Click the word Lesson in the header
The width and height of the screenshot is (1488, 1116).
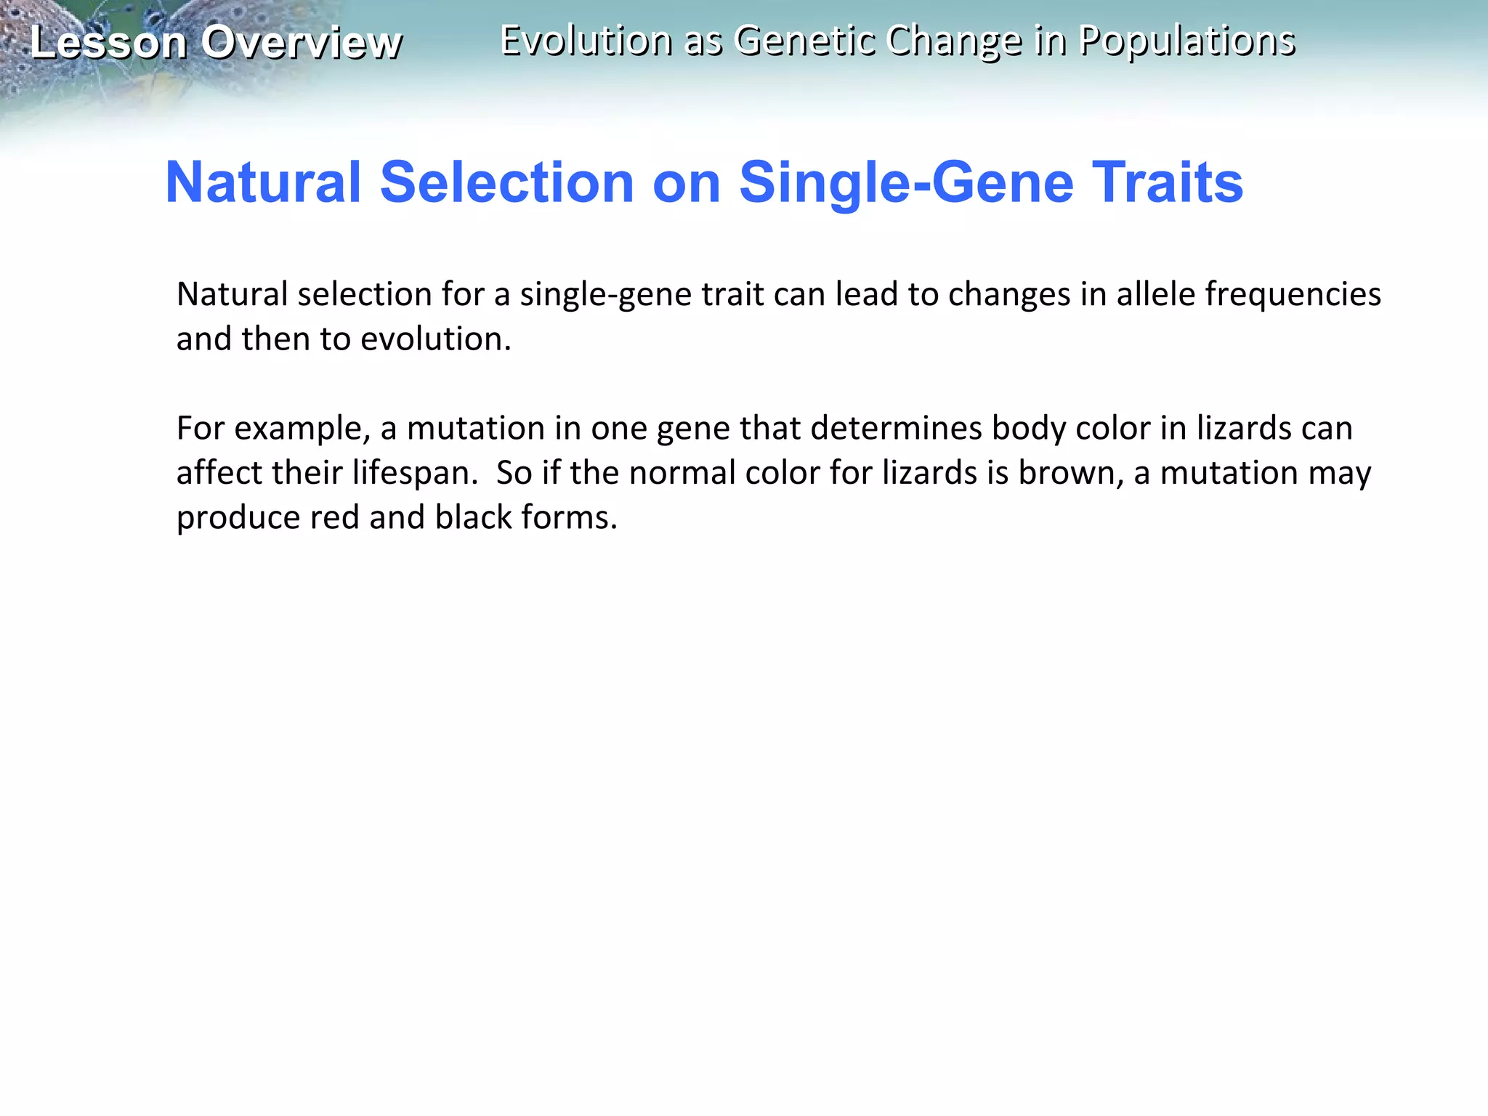pyautogui.click(x=109, y=42)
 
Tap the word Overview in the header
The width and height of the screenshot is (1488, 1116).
pyautogui.click(x=302, y=42)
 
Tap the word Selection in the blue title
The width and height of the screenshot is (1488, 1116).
pyautogui.click(x=507, y=182)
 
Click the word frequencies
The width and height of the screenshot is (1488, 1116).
pyautogui.click(x=1293, y=294)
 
